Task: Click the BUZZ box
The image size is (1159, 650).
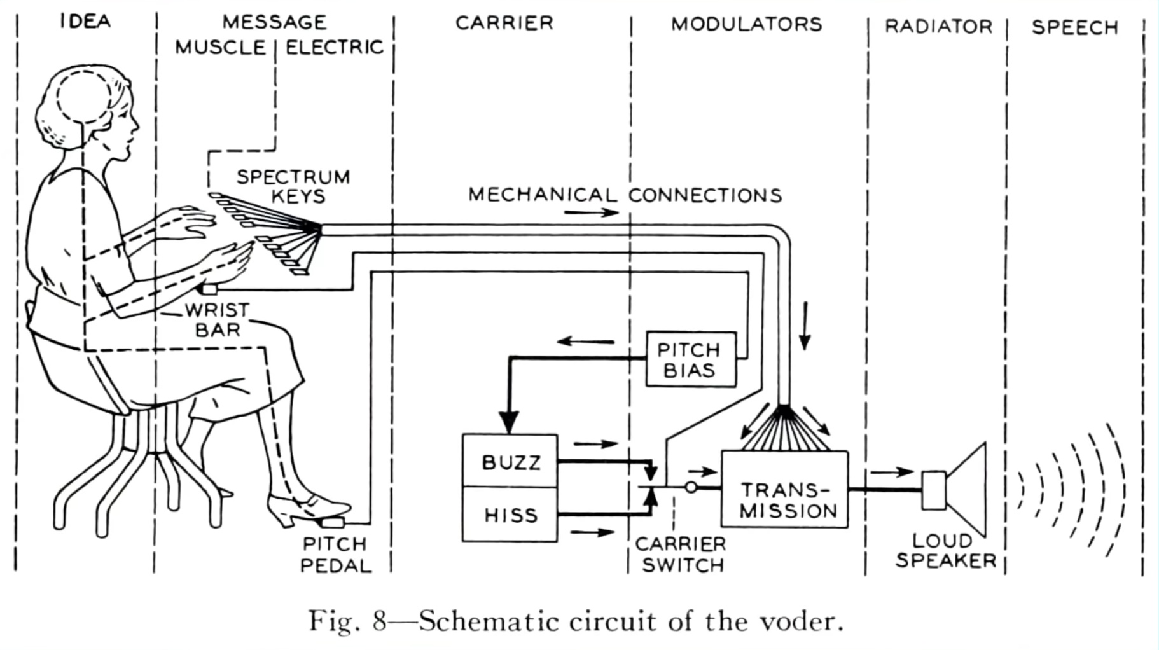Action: tap(510, 461)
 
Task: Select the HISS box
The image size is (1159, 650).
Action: tap(510, 515)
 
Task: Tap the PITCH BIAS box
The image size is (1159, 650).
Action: tap(691, 359)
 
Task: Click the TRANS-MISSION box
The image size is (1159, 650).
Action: tap(784, 489)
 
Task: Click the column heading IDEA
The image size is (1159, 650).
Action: tap(86, 22)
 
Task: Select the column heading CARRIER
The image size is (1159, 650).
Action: tap(504, 23)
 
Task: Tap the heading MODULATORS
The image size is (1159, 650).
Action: tap(747, 24)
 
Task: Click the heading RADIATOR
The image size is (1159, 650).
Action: tap(939, 27)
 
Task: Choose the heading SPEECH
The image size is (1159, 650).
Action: tap(1075, 28)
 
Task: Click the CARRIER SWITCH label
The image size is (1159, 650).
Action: tap(681, 555)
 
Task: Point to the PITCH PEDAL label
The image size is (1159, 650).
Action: tap(335, 555)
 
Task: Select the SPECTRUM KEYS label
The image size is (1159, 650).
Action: tap(293, 186)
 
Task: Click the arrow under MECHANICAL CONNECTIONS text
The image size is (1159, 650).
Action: tap(592, 212)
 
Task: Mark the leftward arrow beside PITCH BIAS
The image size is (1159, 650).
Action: tap(586, 342)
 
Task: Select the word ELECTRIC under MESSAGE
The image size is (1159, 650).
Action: tap(335, 48)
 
